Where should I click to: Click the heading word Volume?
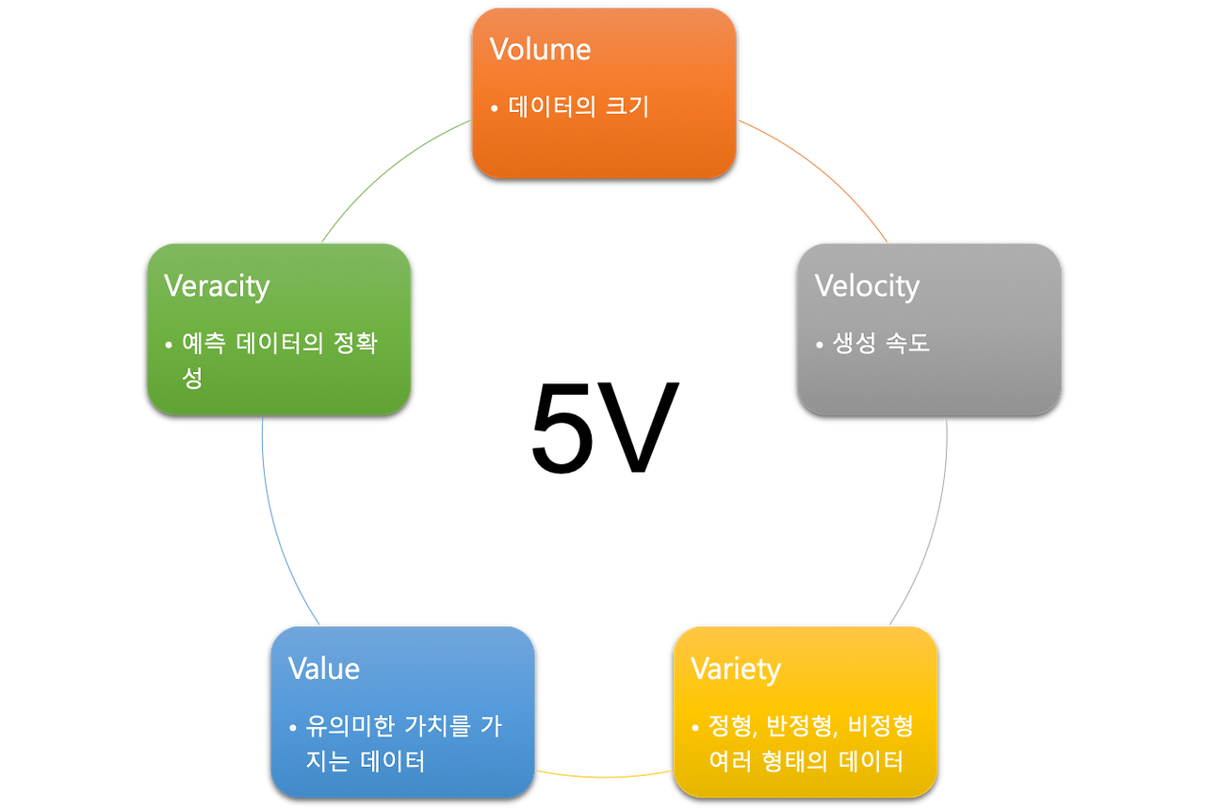540,50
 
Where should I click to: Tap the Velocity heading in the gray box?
867,285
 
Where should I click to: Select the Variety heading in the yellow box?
736,670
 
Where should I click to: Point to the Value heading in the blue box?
323,669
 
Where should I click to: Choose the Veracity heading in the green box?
217,285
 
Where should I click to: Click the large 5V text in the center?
604,427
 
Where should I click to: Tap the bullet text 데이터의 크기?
579,106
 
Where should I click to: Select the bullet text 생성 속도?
881,343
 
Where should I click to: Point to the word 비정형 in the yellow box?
880,725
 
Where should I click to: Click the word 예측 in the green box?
204,343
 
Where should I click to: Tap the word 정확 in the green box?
355,343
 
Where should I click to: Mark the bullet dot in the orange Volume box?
495,108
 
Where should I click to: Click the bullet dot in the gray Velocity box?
820,345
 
